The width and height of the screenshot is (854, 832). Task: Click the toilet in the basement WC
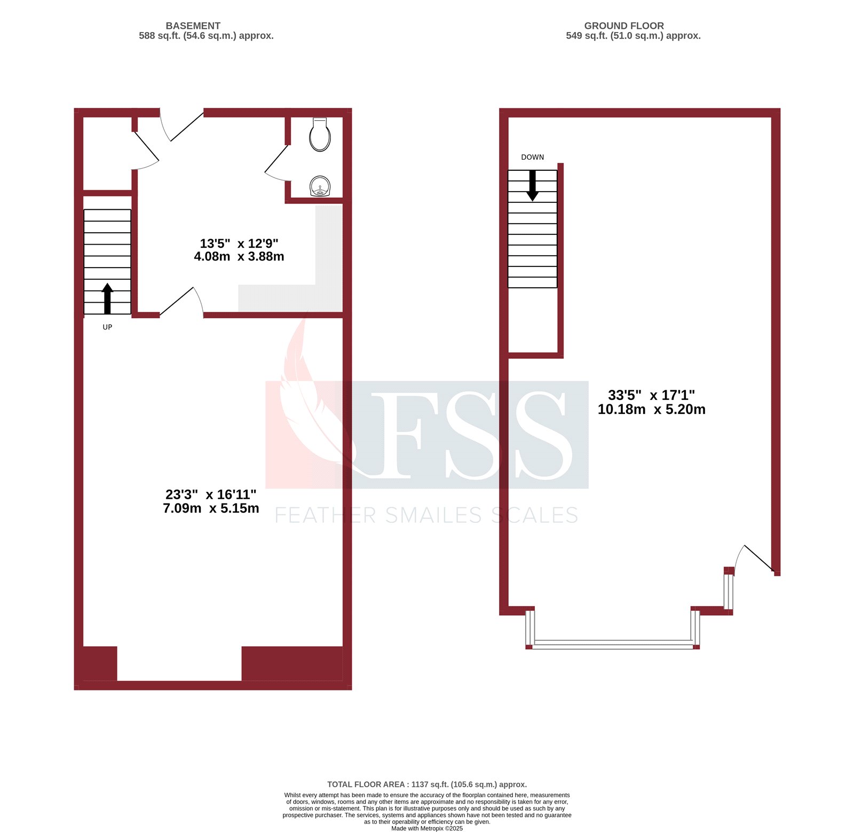coord(320,136)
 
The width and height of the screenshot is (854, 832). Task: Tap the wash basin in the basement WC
coord(320,187)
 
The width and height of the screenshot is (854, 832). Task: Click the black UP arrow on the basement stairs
coord(107,298)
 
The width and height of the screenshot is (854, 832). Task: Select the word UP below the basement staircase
coord(107,327)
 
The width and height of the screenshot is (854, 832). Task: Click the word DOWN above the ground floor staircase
coord(532,157)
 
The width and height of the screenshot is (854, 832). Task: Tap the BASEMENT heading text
coord(193,26)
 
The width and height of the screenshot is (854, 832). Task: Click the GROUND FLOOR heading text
coord(624,26)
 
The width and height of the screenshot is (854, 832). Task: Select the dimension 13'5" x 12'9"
coord(239,244)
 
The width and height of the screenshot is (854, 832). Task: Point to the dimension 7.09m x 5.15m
coord(211,508)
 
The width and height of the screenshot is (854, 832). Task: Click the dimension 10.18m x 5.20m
coord(651,410)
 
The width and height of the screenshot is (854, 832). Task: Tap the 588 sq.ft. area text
coord(206,36)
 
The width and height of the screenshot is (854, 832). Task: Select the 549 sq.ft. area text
coord(633,36)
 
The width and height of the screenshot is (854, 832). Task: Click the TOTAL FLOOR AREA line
coord(426,784)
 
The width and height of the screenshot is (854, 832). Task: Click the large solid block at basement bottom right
coord(292,663)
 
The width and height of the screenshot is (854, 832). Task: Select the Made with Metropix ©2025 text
coord(426,828)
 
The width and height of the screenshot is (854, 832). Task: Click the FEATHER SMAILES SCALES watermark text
coord(426,515)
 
